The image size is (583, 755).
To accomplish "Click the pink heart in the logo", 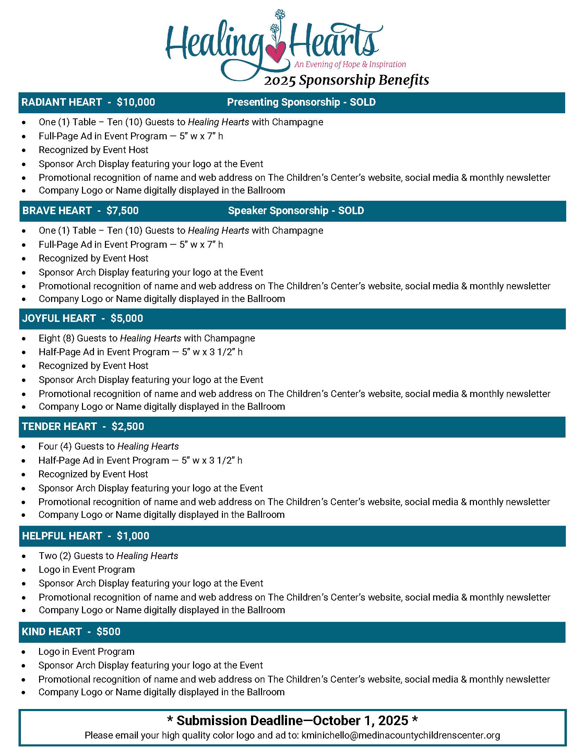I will point(277,52).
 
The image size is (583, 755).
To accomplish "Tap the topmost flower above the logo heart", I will point(280,14).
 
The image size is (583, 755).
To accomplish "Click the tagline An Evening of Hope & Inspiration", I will point(350,64).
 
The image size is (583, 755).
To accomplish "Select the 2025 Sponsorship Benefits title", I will point(346,80).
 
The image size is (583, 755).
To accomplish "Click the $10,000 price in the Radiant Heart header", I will point(136,102).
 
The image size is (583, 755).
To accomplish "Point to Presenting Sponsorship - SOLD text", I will point(301,102).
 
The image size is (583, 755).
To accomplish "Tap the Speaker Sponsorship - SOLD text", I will point(296,211).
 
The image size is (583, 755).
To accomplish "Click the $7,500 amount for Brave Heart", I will point(122,211).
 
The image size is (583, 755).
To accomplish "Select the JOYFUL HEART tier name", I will point(59,318).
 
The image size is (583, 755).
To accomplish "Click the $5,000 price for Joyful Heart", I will point(127,318).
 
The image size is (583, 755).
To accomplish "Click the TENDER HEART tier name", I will point(59,427).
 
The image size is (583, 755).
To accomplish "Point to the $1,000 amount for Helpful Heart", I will point(133,536).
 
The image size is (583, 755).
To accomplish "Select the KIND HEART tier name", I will point(52,632).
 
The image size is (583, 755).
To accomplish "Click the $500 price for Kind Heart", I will point(108,632).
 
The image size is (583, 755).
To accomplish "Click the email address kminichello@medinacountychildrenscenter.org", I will point(400,735).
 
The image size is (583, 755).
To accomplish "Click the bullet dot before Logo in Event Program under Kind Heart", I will point(23,652).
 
